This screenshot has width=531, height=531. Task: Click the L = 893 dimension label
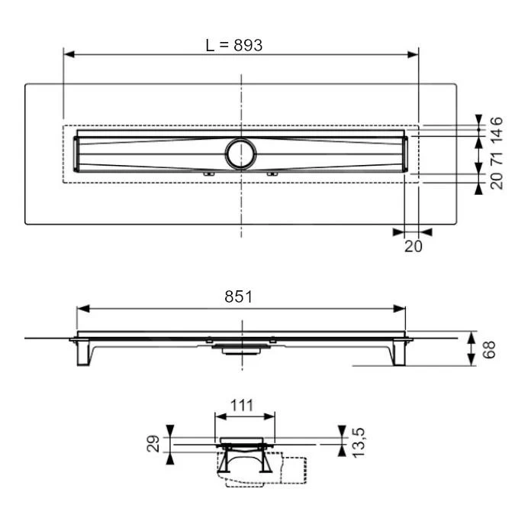click(x=234, y=45)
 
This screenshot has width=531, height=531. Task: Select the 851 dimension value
click(x=239, y=297)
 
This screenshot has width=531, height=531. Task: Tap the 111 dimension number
click(x=244, y=406)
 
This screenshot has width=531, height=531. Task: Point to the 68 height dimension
click(x=490, y=349)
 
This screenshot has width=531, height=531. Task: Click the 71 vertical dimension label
click(x=496, y=158)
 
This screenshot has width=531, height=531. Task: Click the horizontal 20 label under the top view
click(x=413, y=246)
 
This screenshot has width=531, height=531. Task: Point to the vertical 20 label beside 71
click(x=496, y=181)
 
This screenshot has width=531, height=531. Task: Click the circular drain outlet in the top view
click(x=242, y=154)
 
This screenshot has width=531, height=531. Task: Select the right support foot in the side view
click(x=397, y=354)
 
